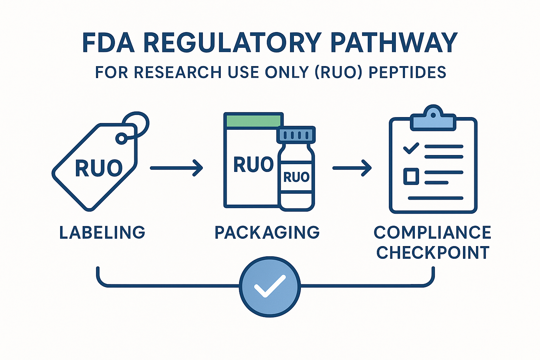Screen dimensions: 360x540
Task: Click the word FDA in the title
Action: click(108, 43)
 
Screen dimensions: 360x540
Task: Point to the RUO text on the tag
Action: click(99, 168)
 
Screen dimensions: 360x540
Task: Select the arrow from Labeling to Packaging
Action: click(176, 168)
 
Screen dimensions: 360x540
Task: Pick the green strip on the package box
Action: click(253, 121)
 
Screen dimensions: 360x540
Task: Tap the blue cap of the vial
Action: click(296, 134)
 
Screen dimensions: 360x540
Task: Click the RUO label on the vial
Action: click(296, 177)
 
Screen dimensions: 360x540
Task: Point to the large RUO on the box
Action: click(253, 165)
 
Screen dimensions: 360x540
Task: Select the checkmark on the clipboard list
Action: click(411, 148)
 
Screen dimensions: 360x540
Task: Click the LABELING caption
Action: click(102, 233)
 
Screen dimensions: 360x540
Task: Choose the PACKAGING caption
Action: click(267, 233)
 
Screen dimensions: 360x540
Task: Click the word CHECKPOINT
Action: click(433, 252)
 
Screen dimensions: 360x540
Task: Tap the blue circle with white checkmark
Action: click(270, 286)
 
